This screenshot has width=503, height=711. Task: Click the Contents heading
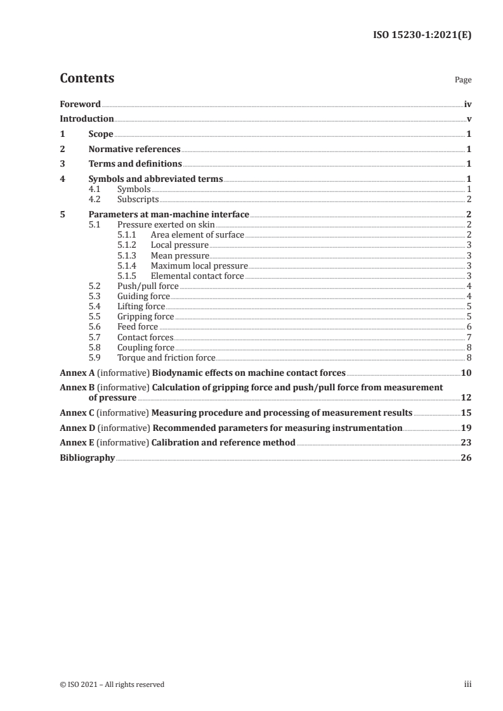[x=87, y=79]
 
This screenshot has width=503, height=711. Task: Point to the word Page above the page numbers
[x=463, y=80]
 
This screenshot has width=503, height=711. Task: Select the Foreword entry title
[x=80, y=104]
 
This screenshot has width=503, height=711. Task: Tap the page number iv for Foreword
[x=467, y=104]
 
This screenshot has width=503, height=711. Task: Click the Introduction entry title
[x=87, y=119]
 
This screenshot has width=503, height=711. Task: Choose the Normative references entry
[x=134, y=150]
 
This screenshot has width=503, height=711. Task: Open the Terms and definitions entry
[x=135, y=164]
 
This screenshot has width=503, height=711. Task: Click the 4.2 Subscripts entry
[x=138, y=199]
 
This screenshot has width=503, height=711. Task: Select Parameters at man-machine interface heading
[x=169, y=214]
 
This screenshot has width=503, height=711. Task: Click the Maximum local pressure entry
[x=199, y=266]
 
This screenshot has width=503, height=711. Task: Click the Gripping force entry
[x=145, y=316]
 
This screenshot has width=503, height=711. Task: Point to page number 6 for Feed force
[x=469, y=326]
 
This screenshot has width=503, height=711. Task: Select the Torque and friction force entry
[x=166, y=357]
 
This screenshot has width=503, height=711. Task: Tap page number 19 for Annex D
[x=466, y=428]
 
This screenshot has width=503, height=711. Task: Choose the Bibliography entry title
[x=87, y=458]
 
